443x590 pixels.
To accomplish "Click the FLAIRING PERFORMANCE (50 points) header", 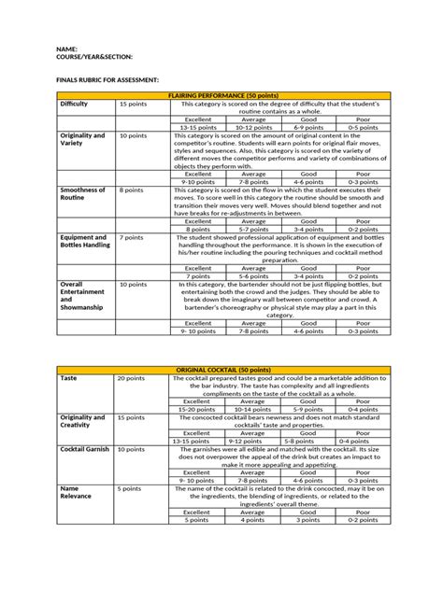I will [x=221, y=96].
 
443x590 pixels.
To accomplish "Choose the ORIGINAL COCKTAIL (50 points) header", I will [x=221, y=371].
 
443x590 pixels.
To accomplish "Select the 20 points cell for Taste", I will [x=130, y=379].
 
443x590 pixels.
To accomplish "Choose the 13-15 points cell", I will [x=197, y=127].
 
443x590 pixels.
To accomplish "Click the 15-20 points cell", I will [x=197, y=409].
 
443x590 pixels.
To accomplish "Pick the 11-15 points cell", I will [x=197, y=440].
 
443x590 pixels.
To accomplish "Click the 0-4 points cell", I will [x=359, y=440].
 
